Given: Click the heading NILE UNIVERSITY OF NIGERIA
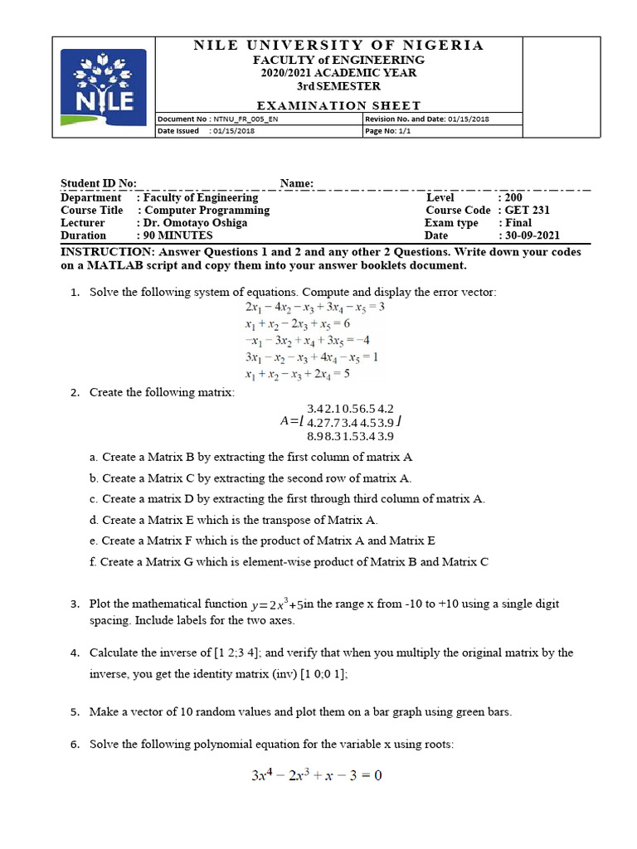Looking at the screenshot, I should point(338,46).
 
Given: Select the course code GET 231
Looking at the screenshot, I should point(524,211).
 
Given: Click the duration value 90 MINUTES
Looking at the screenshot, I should point(177,235).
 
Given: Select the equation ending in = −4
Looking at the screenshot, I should point(307,340).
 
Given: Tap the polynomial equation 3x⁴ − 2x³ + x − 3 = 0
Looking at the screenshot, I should point(316,776).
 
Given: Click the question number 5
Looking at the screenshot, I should point(74,711).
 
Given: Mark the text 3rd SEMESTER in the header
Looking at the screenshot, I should point(338,86).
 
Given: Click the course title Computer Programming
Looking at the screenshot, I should point(203,211).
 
